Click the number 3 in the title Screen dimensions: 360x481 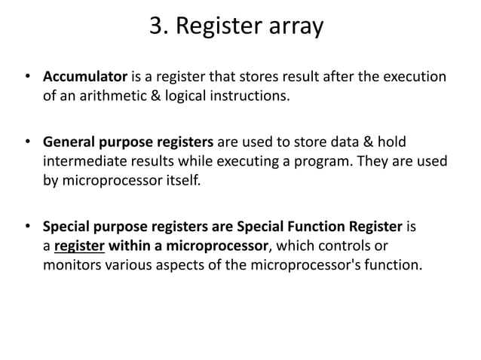click(x=157, y=27)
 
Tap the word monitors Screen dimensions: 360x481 click(x=70, y=264)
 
